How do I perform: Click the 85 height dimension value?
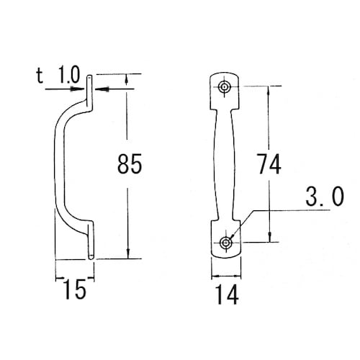(x=130, y=164)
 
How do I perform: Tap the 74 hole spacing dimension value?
(x=269, y=164)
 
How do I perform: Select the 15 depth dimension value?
(x=75, y=289)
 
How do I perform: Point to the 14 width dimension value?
(x=227, y=294)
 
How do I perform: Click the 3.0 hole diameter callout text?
(x=325, y=197)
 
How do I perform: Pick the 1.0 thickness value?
(x=69, y=75)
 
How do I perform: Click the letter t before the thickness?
(x=40, y=76)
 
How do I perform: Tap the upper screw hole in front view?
(x=224, y=86)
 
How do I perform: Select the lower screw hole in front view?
(x=225, y=243)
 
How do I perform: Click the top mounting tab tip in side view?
(x=89, y=77)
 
